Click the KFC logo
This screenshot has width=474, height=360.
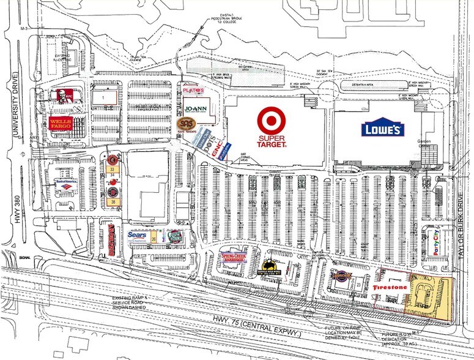59,96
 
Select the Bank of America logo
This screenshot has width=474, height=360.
69,181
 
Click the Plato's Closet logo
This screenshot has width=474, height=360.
192,90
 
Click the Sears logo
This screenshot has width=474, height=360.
137,234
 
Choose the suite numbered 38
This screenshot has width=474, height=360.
113,200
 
